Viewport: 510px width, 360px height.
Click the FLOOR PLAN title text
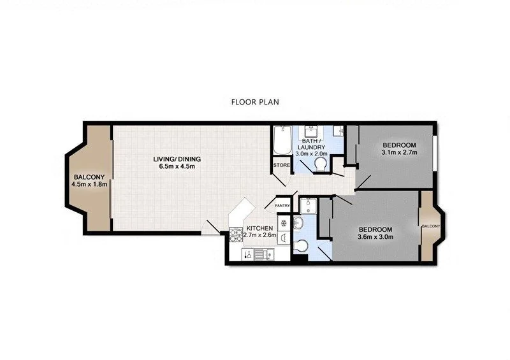coord(254,101)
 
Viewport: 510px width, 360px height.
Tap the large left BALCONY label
coord(89,177)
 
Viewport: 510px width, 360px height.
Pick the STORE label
coord(282,166)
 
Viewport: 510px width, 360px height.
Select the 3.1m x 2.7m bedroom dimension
coord(398,153)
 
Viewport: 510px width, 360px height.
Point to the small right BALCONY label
coord(430,226)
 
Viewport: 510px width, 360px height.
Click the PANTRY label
coord(282,206)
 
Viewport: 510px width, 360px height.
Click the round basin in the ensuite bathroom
coord(298,223)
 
